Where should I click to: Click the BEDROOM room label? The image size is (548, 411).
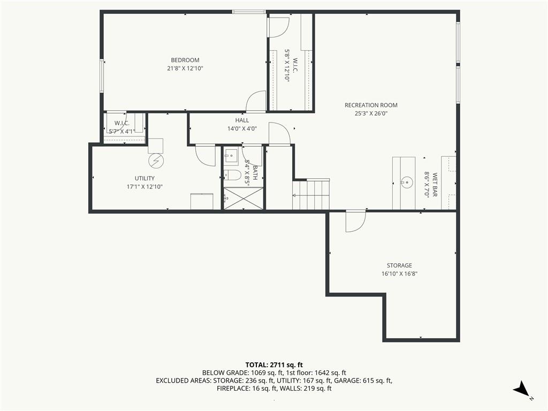[185, 60]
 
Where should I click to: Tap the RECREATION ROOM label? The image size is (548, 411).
[371, 105]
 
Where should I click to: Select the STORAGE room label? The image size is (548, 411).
[399, 265]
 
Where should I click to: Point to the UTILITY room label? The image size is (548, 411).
[144, 178]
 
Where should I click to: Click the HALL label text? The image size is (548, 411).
[242, 120]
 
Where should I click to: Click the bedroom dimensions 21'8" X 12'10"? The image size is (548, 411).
[185, 68]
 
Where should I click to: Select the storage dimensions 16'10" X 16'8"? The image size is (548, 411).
[399, 274]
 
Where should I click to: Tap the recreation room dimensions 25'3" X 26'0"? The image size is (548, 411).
[371, 113]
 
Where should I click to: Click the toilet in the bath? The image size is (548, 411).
[232, 175]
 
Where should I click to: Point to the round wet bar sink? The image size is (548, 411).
[407, 182]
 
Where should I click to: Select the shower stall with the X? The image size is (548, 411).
[243, 199]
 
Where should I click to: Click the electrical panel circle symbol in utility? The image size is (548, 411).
[156, 161]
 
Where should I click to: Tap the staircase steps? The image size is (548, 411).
[311, 194]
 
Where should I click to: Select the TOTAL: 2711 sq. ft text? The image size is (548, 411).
[274, 365]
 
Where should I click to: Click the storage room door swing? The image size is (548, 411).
[355, 221]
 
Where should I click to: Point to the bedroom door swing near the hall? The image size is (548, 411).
[256, 101]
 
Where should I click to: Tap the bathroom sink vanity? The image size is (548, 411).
[231, 156]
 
